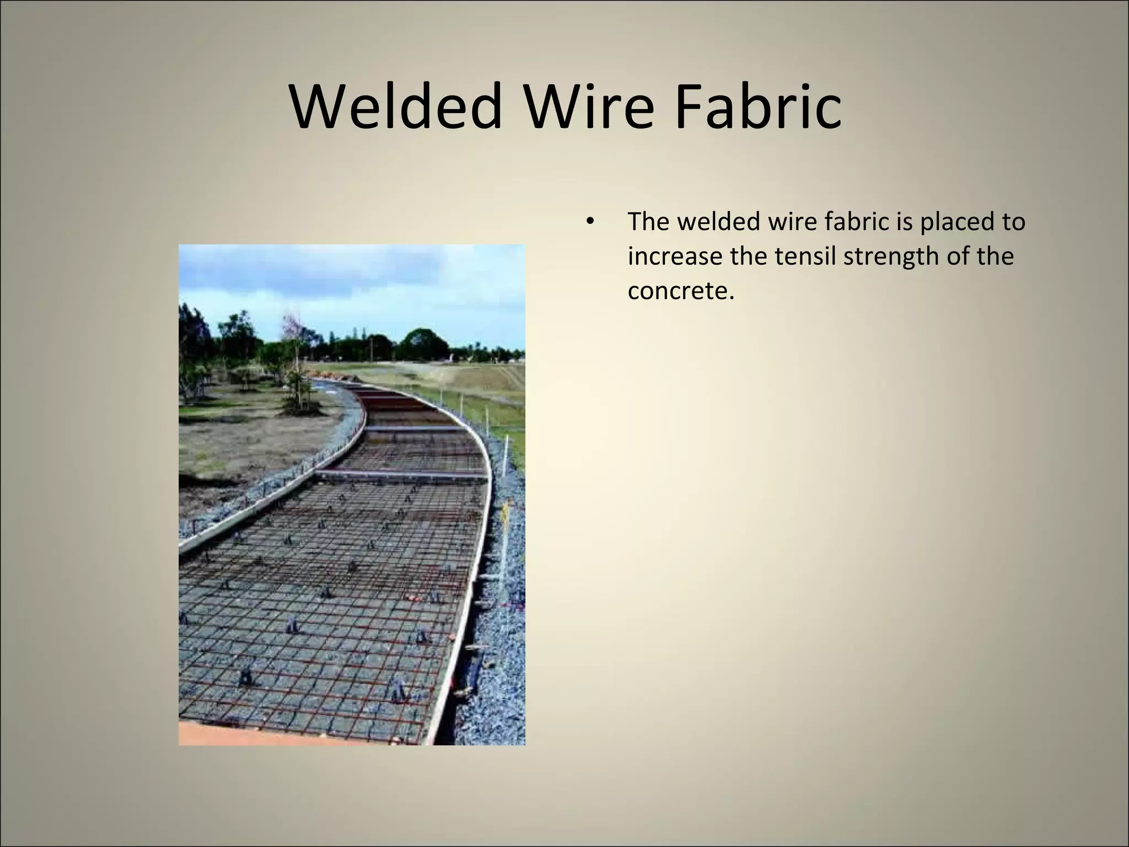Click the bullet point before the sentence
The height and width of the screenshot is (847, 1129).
[x=589, y=223]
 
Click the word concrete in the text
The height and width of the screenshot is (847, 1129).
[x=681, y=291]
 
